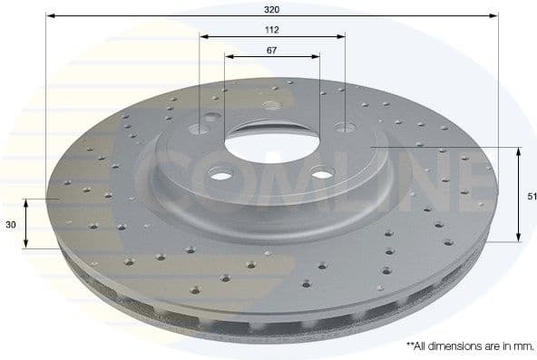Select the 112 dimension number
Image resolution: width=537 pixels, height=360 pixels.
(272, 29)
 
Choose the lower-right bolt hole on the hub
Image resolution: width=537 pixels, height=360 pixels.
(322, 175)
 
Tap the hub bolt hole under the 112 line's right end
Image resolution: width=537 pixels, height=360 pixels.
(343, 127)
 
